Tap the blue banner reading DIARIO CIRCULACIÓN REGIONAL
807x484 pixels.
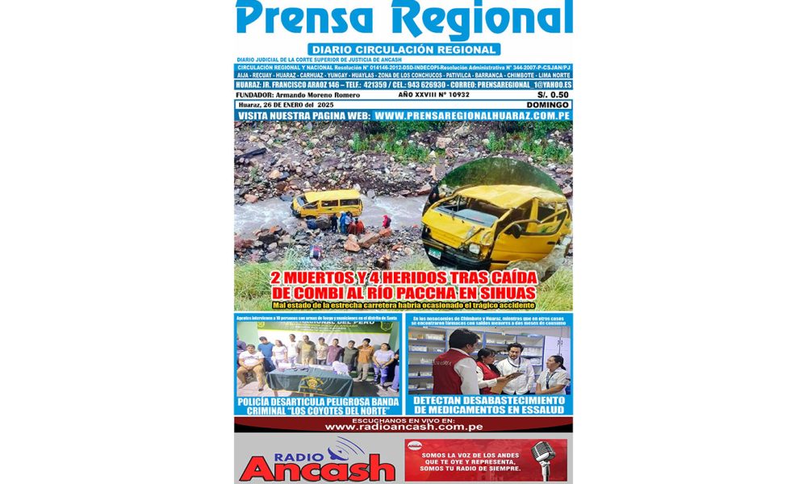(403, 49)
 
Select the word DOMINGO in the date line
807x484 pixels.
(548, 105)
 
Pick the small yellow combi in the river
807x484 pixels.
(327, 202)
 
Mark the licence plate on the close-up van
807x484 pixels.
(434, 253)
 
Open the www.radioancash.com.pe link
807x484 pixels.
(403, 427)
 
